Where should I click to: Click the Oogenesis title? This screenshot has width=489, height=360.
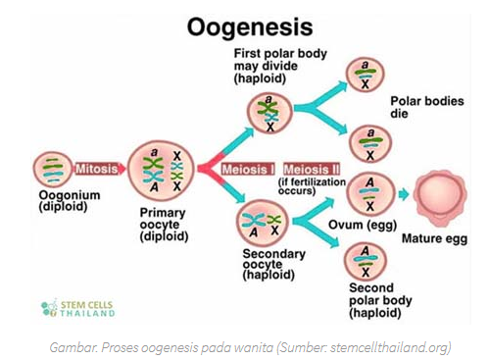click(250, 26)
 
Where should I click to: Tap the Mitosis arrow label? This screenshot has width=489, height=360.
click(97, 169)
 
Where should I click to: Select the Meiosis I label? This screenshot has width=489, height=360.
click(248, 169)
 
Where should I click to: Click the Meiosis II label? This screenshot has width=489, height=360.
click(312, 169)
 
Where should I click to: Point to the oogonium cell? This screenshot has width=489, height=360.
click(53, 170)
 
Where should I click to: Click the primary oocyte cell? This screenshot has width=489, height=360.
click(161, 171)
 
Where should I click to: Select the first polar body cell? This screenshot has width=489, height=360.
click(269, 113)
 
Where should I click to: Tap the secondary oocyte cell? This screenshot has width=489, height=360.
click(263, 223)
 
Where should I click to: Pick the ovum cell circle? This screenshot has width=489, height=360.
click(370, 194)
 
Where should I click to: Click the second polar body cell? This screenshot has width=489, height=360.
click(366, 261)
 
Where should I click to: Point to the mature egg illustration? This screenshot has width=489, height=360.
click(439, 198)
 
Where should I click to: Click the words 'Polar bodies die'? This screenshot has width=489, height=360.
click(427, 107)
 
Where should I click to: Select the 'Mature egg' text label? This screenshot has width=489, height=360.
click(434, 238)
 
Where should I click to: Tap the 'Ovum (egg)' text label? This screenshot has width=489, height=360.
click(363, 225)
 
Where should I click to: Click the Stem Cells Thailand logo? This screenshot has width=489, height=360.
click(78, 308)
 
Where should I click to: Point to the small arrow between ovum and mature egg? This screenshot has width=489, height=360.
click(404, 194)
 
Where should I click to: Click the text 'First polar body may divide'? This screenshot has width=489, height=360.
click(280, 60)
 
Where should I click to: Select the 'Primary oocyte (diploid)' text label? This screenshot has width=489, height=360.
click(164, 225)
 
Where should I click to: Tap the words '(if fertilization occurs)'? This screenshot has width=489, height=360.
click(312, 186)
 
